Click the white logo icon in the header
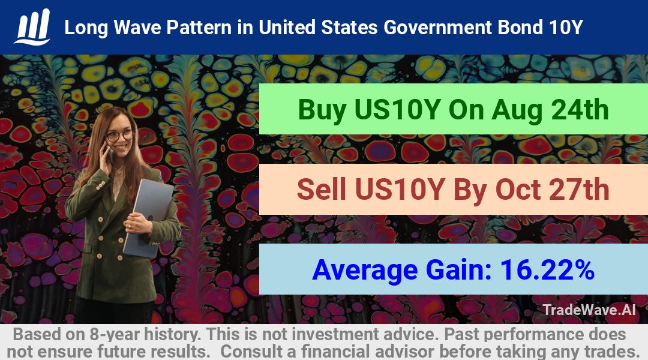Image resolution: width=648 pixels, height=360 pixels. (x=32, y=27)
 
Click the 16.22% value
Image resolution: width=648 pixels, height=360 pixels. (x=547, y=270)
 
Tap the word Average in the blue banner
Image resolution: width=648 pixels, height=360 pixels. (x=365, y=271)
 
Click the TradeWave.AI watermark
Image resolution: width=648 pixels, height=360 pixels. (x=589, y=310)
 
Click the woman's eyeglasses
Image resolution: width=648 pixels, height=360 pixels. (x=119, y=135)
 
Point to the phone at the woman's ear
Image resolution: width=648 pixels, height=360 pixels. (x=109, y=152)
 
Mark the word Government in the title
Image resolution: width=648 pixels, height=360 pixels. (x=437, y=28)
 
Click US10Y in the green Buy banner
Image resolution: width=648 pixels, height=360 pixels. (x=397, y=110)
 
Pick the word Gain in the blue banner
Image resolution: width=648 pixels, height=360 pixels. (x=459, y=270)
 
